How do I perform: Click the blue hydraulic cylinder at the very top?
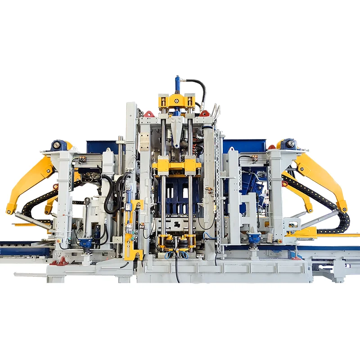coord(177,84)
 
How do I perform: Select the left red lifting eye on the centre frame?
coord(149,114)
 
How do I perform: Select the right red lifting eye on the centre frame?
coord(205,113)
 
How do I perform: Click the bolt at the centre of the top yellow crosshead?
coord(177,101)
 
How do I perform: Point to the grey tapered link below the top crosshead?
coord(177,130)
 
